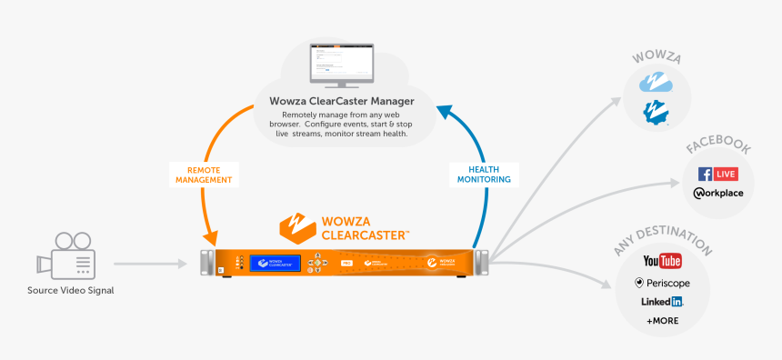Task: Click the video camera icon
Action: [x=65, y=256]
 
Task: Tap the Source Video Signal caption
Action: [x=71, y=290]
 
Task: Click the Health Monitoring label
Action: [x=482, y=175]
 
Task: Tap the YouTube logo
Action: [x=662, y=262]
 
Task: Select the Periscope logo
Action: [x=662, y=283]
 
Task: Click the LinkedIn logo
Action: [x=662, y=302]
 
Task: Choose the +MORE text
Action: [x=662, y=322]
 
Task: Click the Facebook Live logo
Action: [x=717, y=174]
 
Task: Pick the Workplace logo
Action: [x=717, y=194]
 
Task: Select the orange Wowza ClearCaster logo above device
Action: [x=345, y=225]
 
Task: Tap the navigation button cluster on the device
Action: [x=317, y=263]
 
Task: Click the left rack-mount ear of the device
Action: [x=207, y=262]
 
